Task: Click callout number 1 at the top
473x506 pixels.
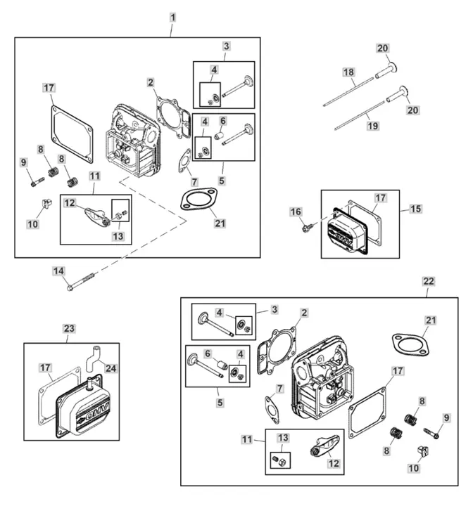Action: (x=172, y=18)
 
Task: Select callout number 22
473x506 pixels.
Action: (x=429, y=281)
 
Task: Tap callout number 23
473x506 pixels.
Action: (x=69, y=328)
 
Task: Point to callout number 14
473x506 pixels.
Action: (x=58, y=271)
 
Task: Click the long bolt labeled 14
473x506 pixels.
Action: (x=81, y=281)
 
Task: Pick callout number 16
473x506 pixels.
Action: (x=296, y=212)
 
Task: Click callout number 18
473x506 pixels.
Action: (x=348, y=72)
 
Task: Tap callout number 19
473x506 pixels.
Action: (x=373, y=126)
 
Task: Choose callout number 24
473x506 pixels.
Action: (x=111, y=368)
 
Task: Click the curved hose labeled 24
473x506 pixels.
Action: (x=94, y=358)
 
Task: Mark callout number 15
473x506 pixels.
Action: (x=415, y=209)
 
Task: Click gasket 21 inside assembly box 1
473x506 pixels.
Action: (x=198, y=198)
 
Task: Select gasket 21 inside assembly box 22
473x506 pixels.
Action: (x=410, y=344)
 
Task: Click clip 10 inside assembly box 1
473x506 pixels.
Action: (x=46, y=205)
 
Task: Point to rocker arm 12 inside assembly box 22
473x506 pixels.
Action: (x=325, y=446)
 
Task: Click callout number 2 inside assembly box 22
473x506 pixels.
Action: (x=304, y=313)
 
